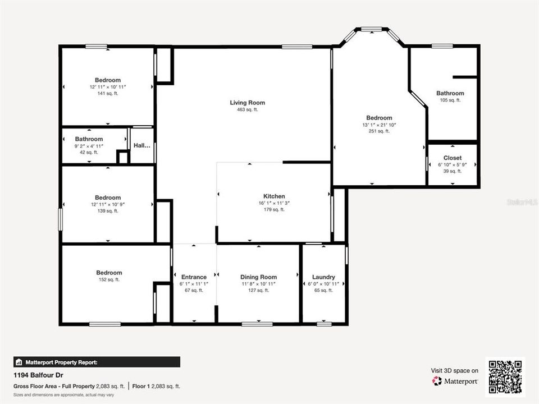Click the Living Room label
(x=247, y=103)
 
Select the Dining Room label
(x=258, y=277)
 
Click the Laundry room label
(x=323, y=277)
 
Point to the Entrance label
(x=194, y=277)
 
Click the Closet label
(x=452, y=158)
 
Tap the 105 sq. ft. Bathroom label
(x=450, y=93)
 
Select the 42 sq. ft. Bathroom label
(x=89, y=139)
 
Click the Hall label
(x=141, y=145)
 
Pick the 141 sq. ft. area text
(x=107, y=94)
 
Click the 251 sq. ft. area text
(x=379, y=131)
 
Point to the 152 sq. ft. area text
(x=108, y=279)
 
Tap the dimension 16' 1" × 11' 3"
(x=274, y=203)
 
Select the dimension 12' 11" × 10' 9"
(x=107, y=204)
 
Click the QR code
(x=505, y=377)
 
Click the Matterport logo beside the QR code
(x=455, y=381)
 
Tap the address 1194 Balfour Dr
(x=37, y=374)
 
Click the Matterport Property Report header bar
(x=97, y=362)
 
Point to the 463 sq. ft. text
(x=247, y=110)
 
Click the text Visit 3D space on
(x=455, y=370)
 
